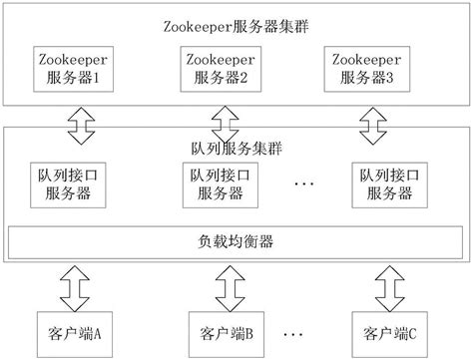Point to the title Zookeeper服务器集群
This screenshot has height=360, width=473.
coord(236,22)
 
